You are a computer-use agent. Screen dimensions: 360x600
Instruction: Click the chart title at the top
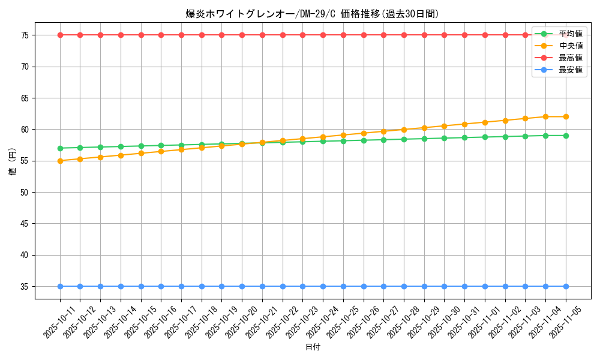(312, 14)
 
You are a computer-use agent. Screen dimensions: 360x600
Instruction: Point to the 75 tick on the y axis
(25, 35)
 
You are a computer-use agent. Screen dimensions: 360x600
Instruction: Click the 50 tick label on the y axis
(25, 192)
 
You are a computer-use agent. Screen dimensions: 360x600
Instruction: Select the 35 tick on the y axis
(25, 286)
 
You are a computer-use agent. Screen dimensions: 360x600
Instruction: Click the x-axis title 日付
(313, 347)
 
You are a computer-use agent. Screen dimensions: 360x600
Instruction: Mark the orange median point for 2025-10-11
(60, 161)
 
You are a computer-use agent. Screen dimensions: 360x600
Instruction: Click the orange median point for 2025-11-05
(566, 116)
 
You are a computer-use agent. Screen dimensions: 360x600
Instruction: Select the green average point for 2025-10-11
(60, 148)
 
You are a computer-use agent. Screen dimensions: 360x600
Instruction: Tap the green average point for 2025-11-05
(566, 136)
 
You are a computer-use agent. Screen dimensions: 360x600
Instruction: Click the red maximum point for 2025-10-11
(60, 35)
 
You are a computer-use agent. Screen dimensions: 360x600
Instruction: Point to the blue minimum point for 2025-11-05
(566, 286)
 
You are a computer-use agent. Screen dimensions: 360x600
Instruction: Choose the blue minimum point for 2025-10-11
(60, 286)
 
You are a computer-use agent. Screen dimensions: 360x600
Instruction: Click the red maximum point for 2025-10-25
(343, 35)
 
